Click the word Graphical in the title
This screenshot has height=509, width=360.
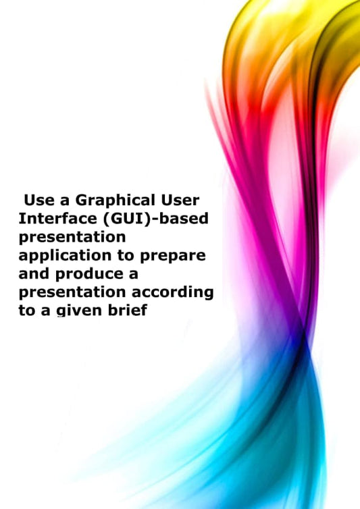click(x=109, y=200)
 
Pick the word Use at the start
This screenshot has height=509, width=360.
click(x=38, y=200)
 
